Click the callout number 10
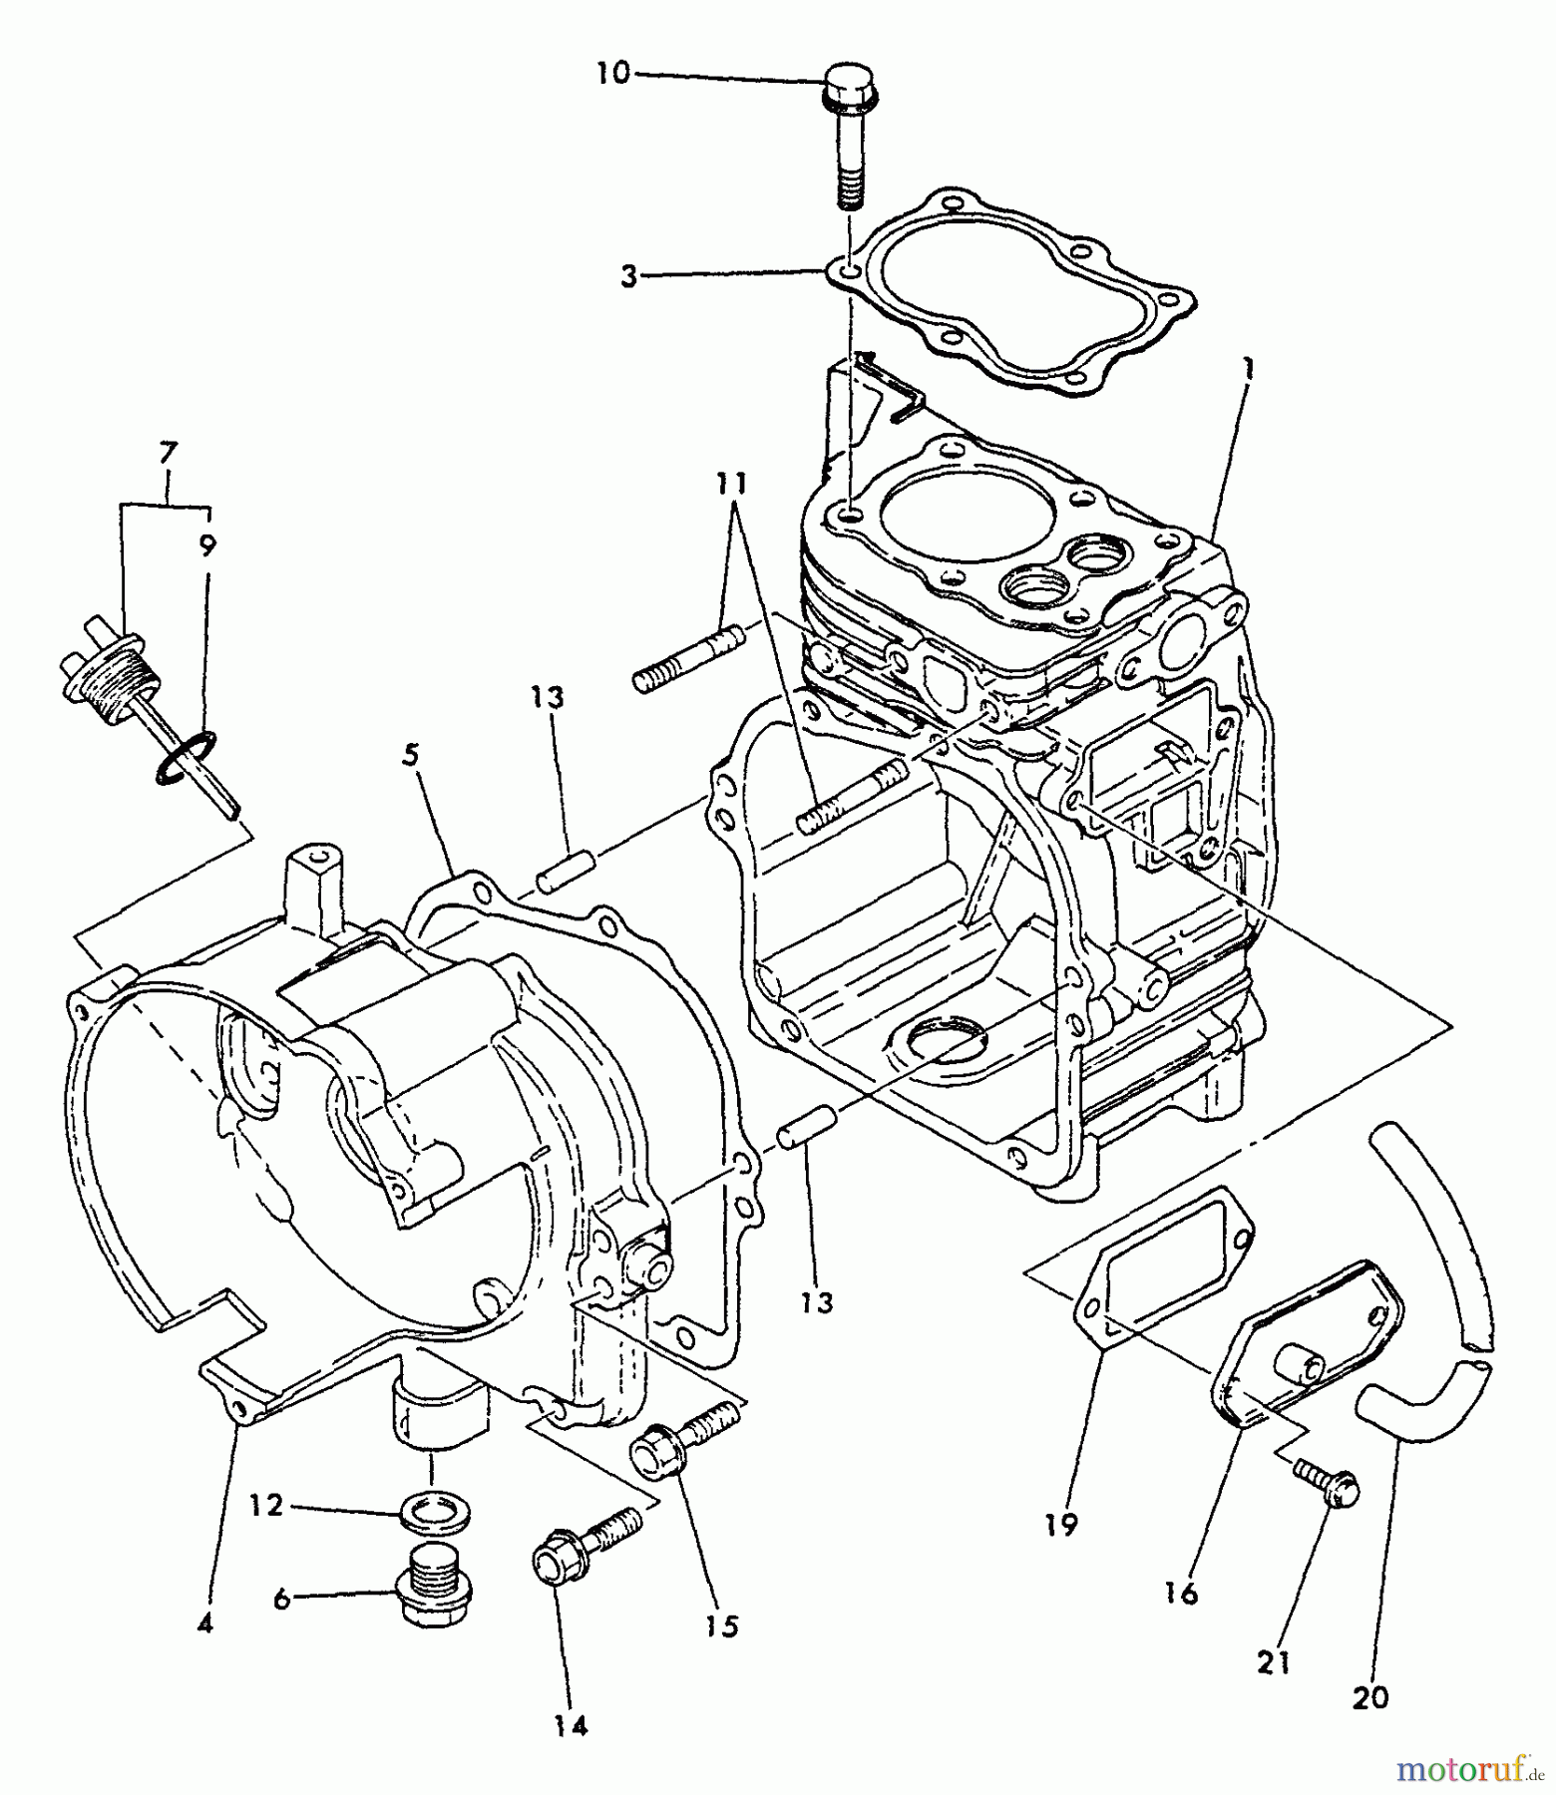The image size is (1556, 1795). point(614,73)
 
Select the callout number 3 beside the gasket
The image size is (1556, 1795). point(628,276)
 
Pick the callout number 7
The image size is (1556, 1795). point(167,453)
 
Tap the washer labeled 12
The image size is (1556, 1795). point(435,1513)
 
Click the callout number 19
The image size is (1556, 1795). point(1063,1524)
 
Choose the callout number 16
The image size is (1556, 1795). point(1181,1593)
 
